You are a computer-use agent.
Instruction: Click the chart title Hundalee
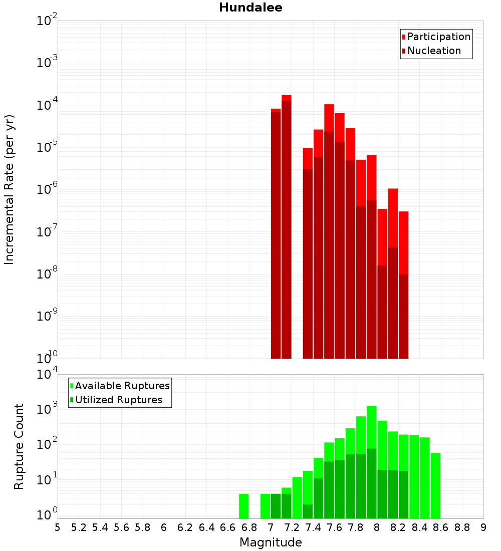click(x=250, y=8)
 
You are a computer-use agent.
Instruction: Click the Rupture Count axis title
click(x=19, y=446)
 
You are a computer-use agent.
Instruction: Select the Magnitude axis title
click(x=271, y=542)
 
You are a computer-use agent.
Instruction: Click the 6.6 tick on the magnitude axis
click(x=228, y=527)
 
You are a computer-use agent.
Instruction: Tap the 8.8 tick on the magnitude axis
click(x=462, y=527)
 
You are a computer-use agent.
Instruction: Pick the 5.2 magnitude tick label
click(x=79, y=527)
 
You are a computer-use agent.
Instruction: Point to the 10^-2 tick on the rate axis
click(x=47, y=21)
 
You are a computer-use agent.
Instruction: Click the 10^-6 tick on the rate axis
click(x=47, y=189)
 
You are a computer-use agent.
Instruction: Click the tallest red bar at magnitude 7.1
click(x=287, y=225)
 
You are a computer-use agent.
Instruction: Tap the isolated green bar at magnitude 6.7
click(x=244, y=506)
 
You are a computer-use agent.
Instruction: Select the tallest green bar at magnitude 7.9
click(x=372, y=461)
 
